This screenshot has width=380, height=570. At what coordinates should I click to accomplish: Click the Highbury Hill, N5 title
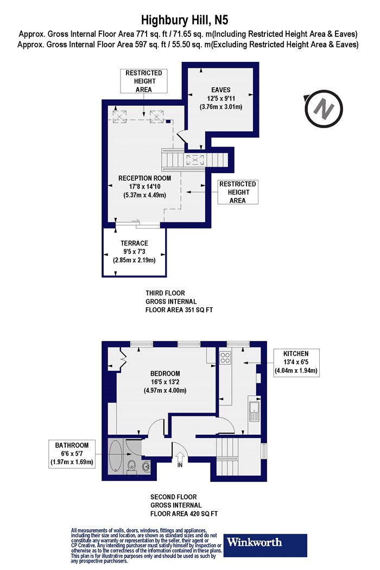point(185,19)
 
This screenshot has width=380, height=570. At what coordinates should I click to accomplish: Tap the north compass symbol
point(323,109)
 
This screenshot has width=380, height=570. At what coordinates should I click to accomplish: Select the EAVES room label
point(221,90)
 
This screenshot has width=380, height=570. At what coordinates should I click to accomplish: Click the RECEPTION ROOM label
point(144,178)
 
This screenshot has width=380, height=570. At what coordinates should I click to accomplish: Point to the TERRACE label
point(134,243)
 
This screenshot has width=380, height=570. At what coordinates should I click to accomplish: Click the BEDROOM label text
point(165,373)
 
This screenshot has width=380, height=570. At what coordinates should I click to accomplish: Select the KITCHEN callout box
point(296,363)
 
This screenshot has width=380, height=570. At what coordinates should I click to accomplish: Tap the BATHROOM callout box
point(72,454)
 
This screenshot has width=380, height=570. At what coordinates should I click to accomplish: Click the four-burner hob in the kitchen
point(225,358)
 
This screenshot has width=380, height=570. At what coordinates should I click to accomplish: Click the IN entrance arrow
point(180,459)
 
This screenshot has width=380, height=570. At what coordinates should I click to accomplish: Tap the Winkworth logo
point(265,545)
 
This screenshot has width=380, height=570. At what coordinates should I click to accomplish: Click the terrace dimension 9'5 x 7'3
point(134,251)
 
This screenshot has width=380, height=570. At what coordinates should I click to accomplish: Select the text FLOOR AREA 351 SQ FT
point(179,310)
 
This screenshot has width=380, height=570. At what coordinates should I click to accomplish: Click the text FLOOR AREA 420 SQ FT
point(184,514)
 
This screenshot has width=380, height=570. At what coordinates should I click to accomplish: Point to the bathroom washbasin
point(146,465)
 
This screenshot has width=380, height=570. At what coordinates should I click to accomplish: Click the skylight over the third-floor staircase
point(195,160)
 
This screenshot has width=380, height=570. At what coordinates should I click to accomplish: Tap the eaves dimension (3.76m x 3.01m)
point(221,107)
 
